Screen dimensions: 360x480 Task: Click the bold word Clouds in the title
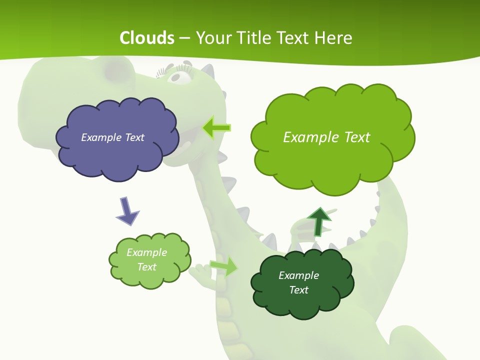(x=147, y=38)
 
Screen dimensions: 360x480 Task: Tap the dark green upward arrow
(x=319, y=221)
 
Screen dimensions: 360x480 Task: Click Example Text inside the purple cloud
(x=112, y=137)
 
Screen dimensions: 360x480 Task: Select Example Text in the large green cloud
(x=326, y=137)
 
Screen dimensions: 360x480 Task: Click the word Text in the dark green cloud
(x=298, y=290)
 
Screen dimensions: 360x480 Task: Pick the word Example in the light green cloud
(x=146, y=252)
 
